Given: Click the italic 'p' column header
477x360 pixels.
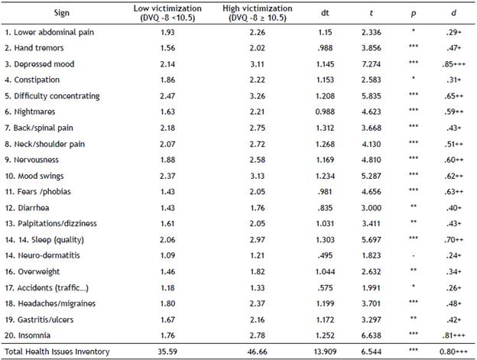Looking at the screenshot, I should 413,12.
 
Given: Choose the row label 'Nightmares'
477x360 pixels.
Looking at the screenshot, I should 33,112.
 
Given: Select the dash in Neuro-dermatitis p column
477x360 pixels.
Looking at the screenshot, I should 413,254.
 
